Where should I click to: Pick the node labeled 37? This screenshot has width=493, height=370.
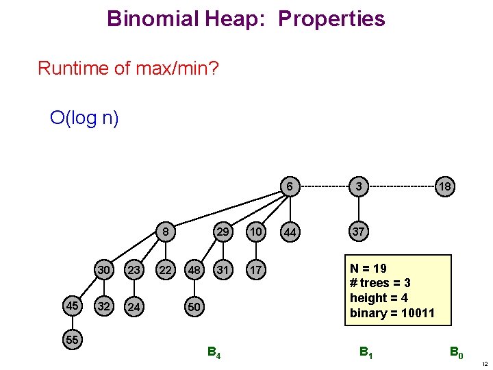pyautogui.click(x=358, y=232)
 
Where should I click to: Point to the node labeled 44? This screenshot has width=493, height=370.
pyautogui.click(x=290, y=233)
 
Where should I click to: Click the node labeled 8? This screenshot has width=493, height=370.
pyautogui.click(x=165, y=232)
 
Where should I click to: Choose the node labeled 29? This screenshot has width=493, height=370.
pyautogui.click(x=222, y=232)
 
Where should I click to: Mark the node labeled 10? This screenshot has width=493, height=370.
pyautogui.click(x=255, y=232)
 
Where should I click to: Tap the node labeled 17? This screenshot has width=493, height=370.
pyautogui.click(x=255, y=271)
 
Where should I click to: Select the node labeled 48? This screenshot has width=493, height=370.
pyautogui.click(x=194, y=271)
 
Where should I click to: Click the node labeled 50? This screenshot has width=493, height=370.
pyautogui.click(x=194, y=307)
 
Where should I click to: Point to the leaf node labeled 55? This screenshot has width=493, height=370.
pyautogui.click(x=72, y=340)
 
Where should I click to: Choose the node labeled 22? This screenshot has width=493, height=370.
pyautogui.click(x=165, y=271)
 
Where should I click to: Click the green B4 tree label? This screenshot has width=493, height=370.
pyautogui.click(x=214, y=354)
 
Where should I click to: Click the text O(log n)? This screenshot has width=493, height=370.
pyautogui.click(x=85, y=118)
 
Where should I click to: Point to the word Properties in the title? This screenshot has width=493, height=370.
pyautogui.click(x=331, y=18)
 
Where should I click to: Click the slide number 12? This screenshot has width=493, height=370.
pyautogui.click(x=483, y=363)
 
